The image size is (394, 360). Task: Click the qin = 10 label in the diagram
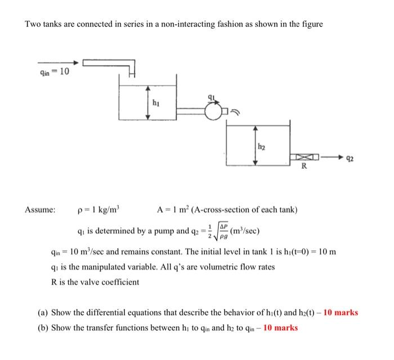53,71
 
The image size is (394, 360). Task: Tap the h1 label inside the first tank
156,103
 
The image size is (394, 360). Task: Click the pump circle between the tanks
213,114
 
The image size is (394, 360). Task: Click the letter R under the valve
305,168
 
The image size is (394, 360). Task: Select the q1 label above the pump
212,97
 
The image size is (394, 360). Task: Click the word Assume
39,210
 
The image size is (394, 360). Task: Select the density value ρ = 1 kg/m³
98,210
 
